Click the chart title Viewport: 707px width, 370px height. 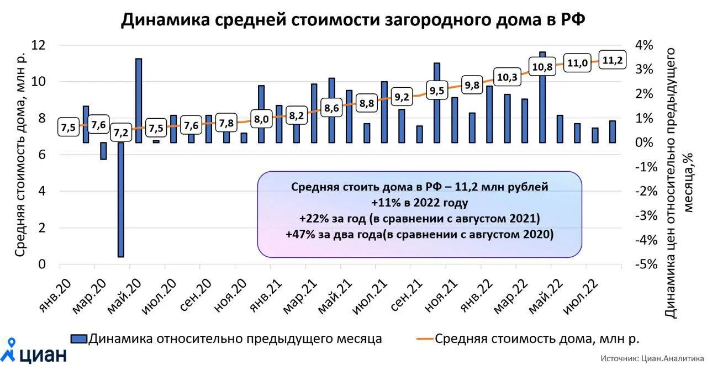click(x=353, y=20)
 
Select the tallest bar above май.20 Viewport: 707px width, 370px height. click(x=139, y=99)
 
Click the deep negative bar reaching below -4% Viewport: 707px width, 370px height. click(x=121, y=199)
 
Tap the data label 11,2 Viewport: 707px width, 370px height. click(x=612, y=60)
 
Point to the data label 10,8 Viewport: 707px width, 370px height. click(x=541, y=67)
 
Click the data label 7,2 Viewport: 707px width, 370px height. click(x=121, y=133)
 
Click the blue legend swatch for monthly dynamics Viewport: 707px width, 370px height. click(x=78, y=339)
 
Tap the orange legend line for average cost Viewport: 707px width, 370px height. click(x=423, y=339)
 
